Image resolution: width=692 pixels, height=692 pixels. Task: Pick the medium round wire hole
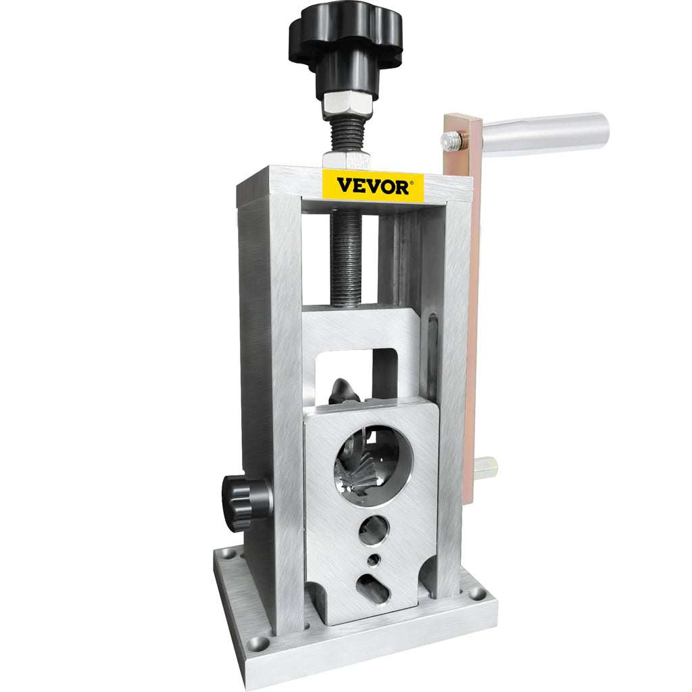(x=374, y=530)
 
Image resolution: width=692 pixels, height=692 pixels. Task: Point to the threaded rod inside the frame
(x=345, y=257)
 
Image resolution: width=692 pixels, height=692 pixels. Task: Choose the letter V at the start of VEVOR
(x=345, y=186)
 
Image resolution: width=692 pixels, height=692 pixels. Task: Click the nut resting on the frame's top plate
(x=345, y=160)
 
